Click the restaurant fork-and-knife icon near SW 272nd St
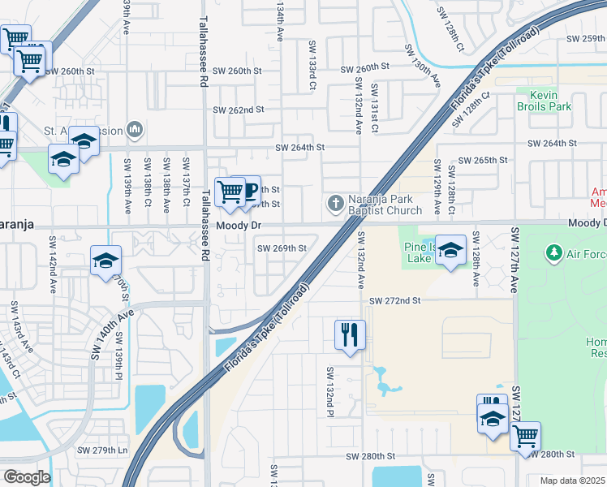(351, 334)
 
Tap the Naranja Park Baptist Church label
(385, 205)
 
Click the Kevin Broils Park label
(545, 101)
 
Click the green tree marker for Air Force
(554, 253)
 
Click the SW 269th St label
(282, 248)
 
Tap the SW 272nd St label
(395, 300)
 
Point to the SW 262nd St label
(239, 110)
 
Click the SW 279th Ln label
(102, 450)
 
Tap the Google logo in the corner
(27, 476)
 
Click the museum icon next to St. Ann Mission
(135, 130)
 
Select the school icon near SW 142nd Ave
(105, 261)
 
